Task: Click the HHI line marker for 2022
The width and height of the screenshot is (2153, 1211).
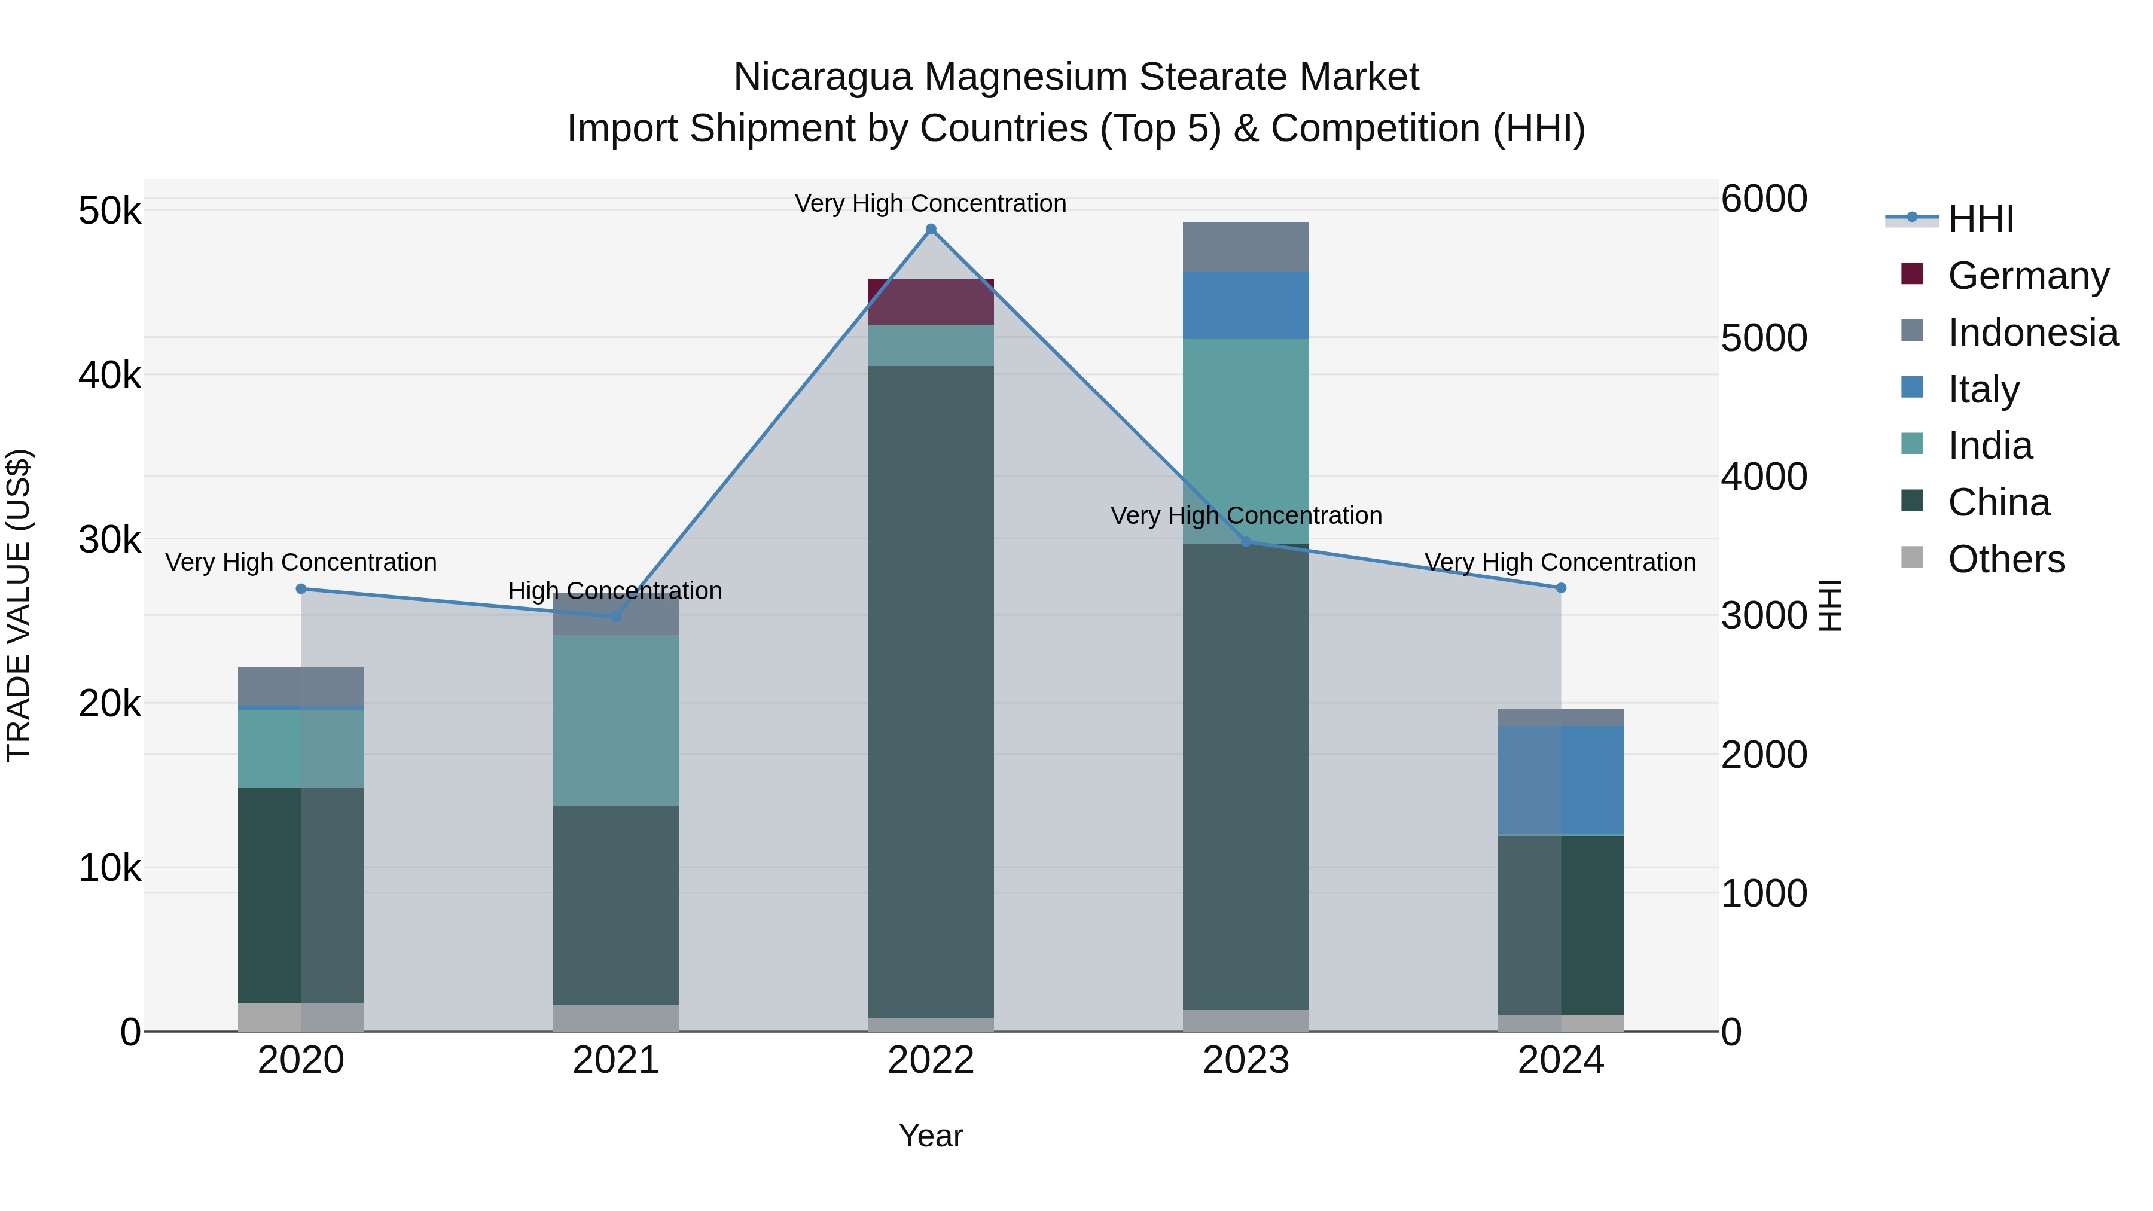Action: click(x=931, y=229)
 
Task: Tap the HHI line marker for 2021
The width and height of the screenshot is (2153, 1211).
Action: click(x=616, y=616)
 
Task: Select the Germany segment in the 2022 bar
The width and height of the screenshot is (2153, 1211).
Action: click(x=931, y=302)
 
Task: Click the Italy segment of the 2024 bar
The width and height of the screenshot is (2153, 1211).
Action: click(x=1560, y=780)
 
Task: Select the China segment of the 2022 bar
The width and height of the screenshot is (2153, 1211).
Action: click(x=931, y=691)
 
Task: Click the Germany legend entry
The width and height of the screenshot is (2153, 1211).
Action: click(x=2029, y=275)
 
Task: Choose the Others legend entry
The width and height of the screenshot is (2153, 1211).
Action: click(x=2006, y=559)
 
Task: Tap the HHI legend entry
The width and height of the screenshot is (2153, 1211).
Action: click(x=1981, y=219)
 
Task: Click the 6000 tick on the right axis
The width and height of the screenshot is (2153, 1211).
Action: click(x=1764, y=199)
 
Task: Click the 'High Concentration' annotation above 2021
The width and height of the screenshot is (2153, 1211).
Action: click(x=615, y=591)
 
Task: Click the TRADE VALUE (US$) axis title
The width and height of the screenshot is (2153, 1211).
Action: click(x=19, y=605)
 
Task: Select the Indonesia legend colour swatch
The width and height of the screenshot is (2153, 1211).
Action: click(x=1911, y=331)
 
